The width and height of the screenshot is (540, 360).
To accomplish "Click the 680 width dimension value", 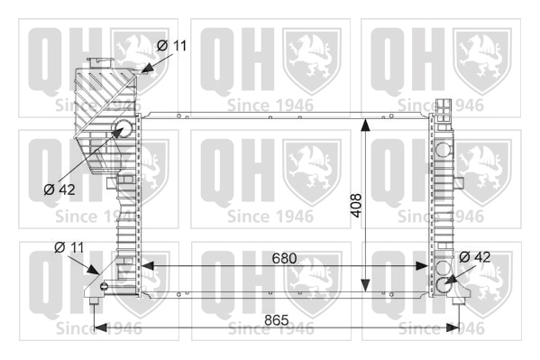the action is (x=284, y=258).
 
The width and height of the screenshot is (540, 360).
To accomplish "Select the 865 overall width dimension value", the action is (x=277, y=320).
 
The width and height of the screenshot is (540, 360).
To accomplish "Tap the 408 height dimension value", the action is (x=356, y=206).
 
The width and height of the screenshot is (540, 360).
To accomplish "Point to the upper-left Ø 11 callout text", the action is (x=172, y=45).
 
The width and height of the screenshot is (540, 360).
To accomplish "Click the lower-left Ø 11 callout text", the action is (x=69, y=247).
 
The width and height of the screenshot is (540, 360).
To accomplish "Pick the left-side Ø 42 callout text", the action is (x=59, y=189).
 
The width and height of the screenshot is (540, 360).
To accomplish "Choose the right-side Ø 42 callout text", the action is (x=475, y=257).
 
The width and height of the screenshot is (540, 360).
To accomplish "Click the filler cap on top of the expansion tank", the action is (x=100, y=63).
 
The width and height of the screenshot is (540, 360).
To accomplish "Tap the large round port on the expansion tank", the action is (x=123, y=129).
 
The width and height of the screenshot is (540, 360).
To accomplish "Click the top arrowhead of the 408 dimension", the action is (x=365, y=125).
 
